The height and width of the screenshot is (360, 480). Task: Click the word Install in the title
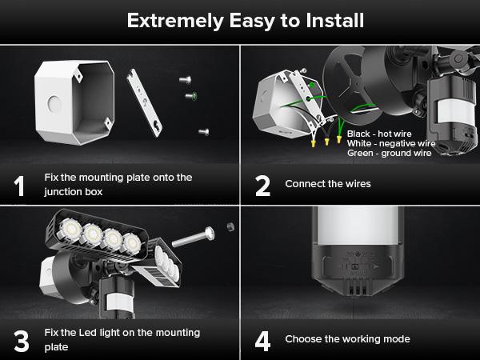click(335, 21)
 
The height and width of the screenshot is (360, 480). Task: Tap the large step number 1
click(19, 186)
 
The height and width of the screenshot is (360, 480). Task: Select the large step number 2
click(262, 186)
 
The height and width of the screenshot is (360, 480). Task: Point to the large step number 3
click(22, 341)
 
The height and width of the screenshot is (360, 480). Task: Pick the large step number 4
click(262, 341)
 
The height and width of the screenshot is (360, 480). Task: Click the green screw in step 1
click(191, 96)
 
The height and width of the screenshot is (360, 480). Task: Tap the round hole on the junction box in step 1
click(54, 104)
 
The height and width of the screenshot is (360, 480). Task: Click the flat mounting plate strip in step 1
click(145, 102)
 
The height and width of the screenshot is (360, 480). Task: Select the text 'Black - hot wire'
click(379, 134)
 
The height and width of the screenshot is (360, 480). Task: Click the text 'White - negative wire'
click(391, 143)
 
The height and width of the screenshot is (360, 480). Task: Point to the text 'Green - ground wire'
click(390, 153)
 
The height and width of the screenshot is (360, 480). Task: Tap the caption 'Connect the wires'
click(328, 184)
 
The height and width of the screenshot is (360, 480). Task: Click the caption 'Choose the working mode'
click(347, 339)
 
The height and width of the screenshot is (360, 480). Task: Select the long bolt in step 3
click(193, 237)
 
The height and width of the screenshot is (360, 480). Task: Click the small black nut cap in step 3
click(231, 227)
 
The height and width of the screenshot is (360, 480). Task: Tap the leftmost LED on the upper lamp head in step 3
click(70, 229)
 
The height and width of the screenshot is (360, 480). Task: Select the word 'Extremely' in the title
click(175, 21)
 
